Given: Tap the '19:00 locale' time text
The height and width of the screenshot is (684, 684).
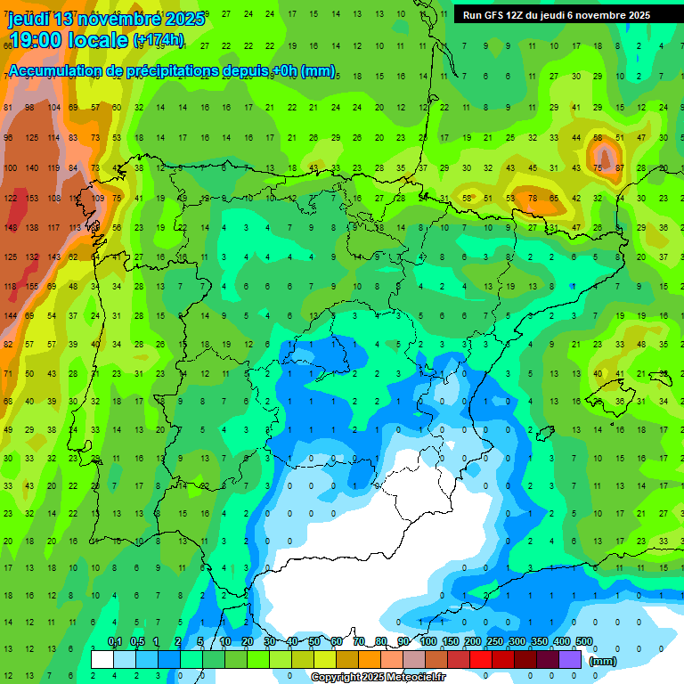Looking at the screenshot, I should [68, 39].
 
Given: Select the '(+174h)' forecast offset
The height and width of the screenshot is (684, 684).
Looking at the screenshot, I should [159, 40].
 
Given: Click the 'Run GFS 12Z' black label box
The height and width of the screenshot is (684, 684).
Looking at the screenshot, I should [557, 15].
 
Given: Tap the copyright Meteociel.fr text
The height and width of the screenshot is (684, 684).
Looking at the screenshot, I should [378, 678].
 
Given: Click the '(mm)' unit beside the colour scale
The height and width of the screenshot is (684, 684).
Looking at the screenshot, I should [603, 661].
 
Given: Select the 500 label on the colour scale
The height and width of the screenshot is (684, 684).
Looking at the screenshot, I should [583, 641].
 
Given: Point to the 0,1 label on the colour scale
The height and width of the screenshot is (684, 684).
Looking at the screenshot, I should [115, 641].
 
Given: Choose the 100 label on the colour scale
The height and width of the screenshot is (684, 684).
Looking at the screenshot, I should [427, 641].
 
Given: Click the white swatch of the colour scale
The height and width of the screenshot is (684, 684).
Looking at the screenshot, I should [102, 660].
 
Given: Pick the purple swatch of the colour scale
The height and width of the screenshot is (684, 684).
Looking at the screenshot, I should [570, 660].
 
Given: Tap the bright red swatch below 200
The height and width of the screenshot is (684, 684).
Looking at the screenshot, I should [481, 660].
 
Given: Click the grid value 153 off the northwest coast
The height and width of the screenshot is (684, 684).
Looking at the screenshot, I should [32, 199].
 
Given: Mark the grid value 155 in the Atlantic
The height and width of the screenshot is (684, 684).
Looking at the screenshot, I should [32, 286].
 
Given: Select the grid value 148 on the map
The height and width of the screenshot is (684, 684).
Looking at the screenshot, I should [10, 228].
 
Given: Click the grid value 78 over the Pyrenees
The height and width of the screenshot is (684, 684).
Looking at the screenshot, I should [532, 198].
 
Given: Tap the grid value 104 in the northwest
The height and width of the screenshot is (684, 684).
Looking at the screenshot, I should [53, 108].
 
